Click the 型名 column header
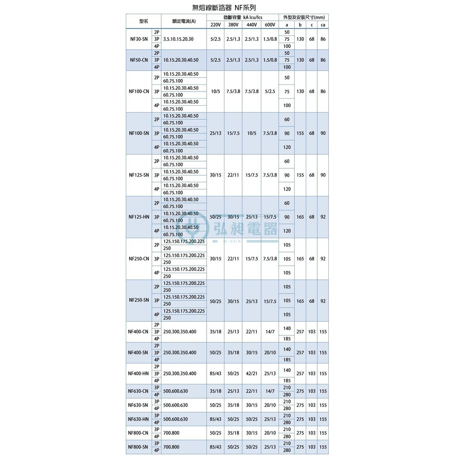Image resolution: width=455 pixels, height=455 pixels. [143, 21]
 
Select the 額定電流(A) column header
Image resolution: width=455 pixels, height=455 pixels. [184, 21]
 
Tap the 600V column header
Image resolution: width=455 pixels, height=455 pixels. [269, 24]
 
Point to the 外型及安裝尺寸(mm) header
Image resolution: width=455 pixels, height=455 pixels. [304, 17]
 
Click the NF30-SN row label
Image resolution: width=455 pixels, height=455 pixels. [139, 39]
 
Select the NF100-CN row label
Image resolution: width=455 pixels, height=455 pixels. [139, 92]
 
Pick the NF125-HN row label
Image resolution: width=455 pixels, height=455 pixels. [139, 217]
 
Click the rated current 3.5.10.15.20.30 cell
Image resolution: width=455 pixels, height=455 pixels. [179, 39]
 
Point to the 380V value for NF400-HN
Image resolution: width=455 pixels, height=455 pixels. [233, 374]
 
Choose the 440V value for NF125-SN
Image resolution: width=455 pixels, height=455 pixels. [251, 175]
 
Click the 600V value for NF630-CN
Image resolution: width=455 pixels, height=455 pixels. [270, 391]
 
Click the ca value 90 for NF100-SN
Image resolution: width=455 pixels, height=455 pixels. [323, 133]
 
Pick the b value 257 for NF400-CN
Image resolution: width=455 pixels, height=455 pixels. [300, 332]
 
